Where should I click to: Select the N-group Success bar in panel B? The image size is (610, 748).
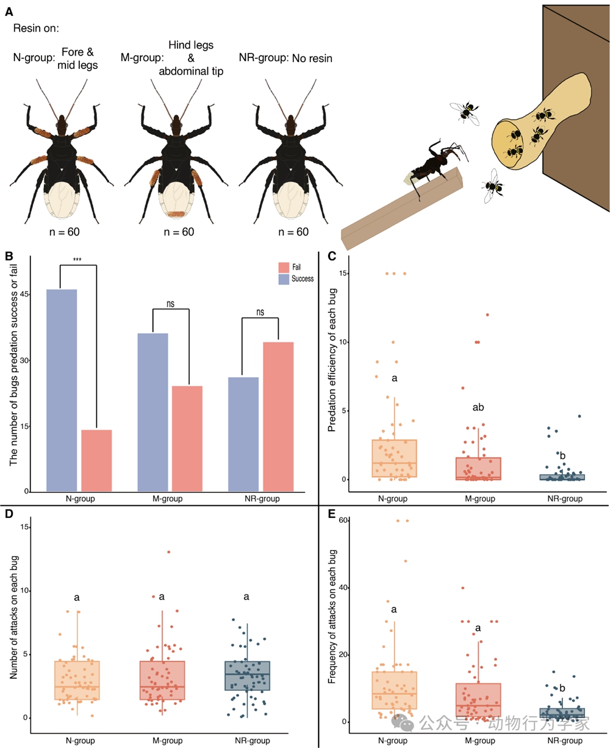[62, 390]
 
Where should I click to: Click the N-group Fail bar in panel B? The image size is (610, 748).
[96, 461]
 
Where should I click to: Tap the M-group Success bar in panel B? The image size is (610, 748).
[152, 412]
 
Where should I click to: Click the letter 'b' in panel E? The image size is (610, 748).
[562, 689]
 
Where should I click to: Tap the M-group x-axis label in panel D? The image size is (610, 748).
[162, 741]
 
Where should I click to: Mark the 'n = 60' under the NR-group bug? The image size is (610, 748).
[294, 232]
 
